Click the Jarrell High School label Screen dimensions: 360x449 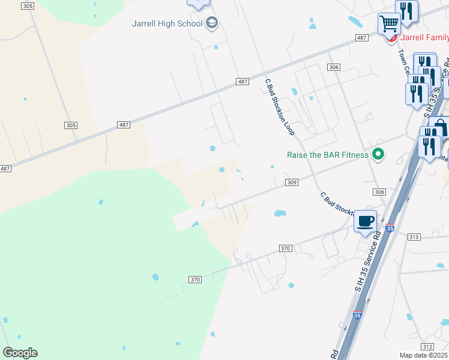coord(167,24)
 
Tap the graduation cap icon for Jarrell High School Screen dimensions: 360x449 coord(211,23)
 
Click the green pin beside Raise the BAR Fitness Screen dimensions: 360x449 coord(378,155)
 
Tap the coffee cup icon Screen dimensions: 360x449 coord(365,221)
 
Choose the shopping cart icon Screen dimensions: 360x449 coord(389,24)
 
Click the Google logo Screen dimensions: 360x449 coord(20,353)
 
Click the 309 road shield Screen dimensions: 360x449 coord(291,182)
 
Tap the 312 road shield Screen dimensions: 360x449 coord(427,347)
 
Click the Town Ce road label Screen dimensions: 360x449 coord(403,61)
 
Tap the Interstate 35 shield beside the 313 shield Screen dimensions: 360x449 coord(390,229)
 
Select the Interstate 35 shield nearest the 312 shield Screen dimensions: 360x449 coord(357,314)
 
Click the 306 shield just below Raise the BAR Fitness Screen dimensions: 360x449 coord(378,191)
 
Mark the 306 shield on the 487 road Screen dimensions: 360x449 coord(334,67)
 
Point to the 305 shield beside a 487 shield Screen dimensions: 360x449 coord(71,125)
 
